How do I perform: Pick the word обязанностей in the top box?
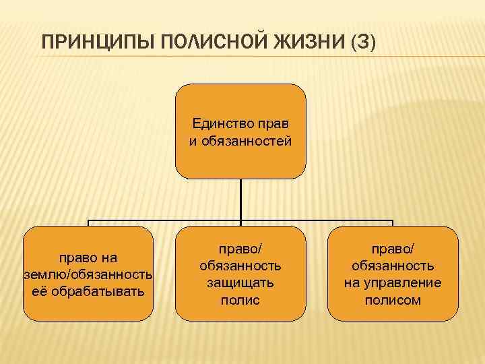click(x=250, y=141)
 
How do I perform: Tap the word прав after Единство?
click(x=276, y=123)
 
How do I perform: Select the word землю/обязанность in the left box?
click(x=88, y=274)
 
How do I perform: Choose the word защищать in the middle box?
click(x=240, y=283)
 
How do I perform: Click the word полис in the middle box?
click(x=240, y=300)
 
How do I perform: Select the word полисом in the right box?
click(x=393, y=300)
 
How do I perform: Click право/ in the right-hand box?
click(x=393, y=249)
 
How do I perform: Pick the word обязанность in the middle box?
click(x=240, y=266)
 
